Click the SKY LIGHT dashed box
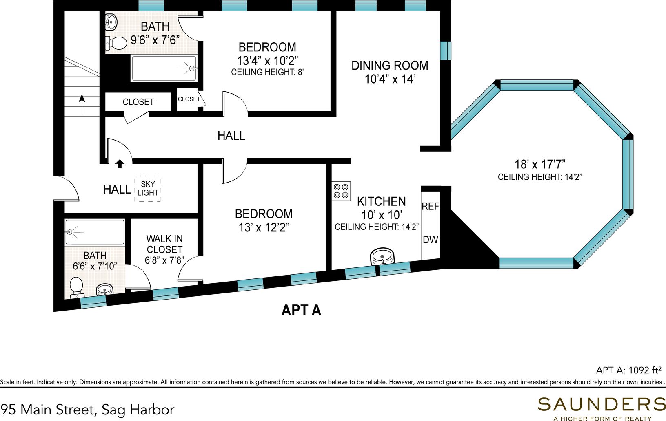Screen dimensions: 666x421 147,189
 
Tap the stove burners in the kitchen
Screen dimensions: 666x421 341,191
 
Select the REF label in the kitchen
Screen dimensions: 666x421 430,207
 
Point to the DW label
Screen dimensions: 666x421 430,240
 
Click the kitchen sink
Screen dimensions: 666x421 382,257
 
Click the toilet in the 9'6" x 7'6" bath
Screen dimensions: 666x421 117,43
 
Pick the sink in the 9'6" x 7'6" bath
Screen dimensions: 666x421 111,22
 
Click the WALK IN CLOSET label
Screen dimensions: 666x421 164,244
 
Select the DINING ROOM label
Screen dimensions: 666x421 390,66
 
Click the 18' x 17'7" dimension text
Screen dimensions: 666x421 539,164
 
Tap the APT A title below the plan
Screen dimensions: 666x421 301,311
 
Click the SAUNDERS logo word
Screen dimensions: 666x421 602,404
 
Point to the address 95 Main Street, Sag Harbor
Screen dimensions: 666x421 87,409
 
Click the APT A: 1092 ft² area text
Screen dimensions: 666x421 628,370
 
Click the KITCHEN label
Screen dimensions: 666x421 381,201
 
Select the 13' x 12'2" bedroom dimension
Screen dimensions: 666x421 264,227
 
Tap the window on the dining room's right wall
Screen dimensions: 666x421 446,50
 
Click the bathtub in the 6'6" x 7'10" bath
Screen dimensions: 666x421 95,232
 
